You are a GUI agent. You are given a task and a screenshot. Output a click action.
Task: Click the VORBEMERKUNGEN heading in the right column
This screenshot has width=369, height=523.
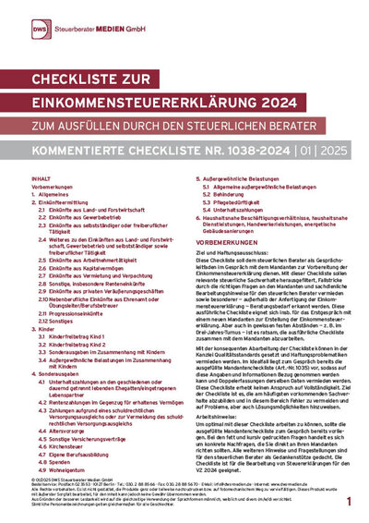coord(229,239)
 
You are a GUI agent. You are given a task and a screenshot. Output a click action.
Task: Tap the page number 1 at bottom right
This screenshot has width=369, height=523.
coord(349,498)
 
